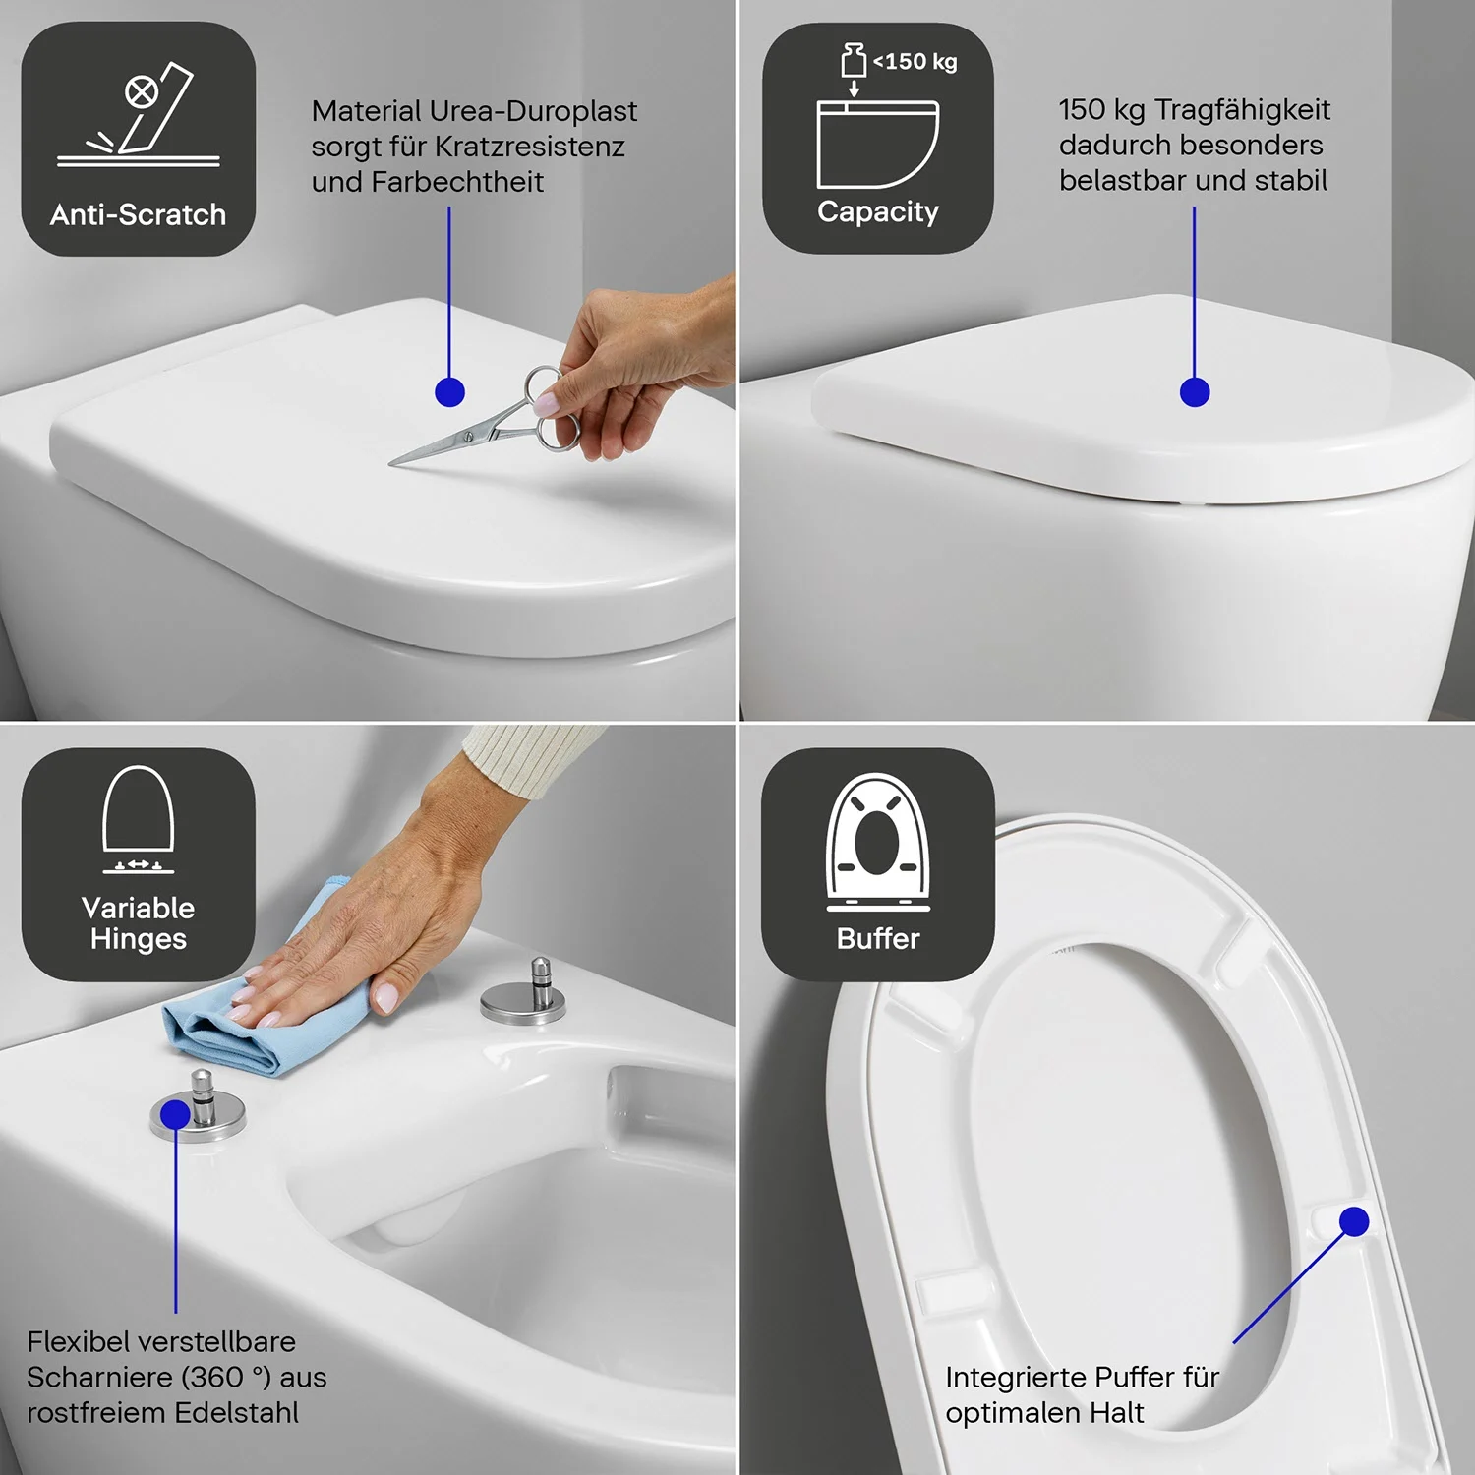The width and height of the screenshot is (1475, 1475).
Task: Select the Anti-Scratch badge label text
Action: [138, 214]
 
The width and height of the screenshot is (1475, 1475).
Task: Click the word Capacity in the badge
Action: [878, 212]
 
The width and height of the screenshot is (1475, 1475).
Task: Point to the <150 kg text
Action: [914, 62]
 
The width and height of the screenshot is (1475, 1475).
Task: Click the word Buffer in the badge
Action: [878, 939]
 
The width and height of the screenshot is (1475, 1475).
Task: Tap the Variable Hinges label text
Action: [138, 923]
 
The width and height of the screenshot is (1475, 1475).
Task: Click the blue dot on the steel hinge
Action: [175, 1114]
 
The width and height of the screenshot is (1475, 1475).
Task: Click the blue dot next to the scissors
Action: [449, 392]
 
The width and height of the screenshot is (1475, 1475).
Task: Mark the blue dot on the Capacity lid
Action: [1195, 392]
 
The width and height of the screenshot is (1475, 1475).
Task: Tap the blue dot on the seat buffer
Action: [1354, 1221]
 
